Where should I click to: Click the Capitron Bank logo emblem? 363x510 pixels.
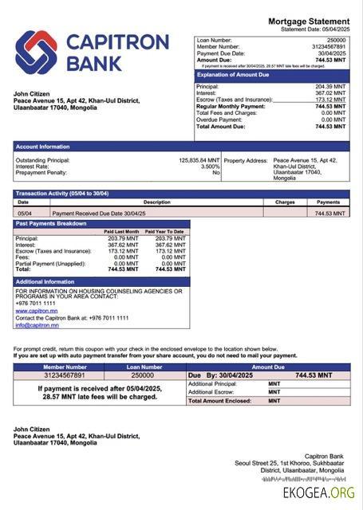(x=37, y=53)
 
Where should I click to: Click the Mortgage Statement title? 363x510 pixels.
(x=308, y=22)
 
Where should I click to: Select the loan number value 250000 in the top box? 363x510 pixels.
(x=336, y=40)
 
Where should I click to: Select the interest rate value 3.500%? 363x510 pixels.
(x=210, y=166)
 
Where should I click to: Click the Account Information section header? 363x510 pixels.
(x=42, y=147)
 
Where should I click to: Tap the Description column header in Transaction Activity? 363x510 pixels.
(x=156, y=202)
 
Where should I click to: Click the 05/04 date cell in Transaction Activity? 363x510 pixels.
(x=24, y=214)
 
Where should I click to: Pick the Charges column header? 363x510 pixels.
(x=285, y=202)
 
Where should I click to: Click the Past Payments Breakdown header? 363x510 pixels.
(x=51, y=224)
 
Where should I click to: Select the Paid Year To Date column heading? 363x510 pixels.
(x=164, y=231)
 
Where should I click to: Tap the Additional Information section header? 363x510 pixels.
(x=45, y=282)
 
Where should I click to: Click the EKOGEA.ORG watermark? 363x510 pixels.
(x=318, y=493)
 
